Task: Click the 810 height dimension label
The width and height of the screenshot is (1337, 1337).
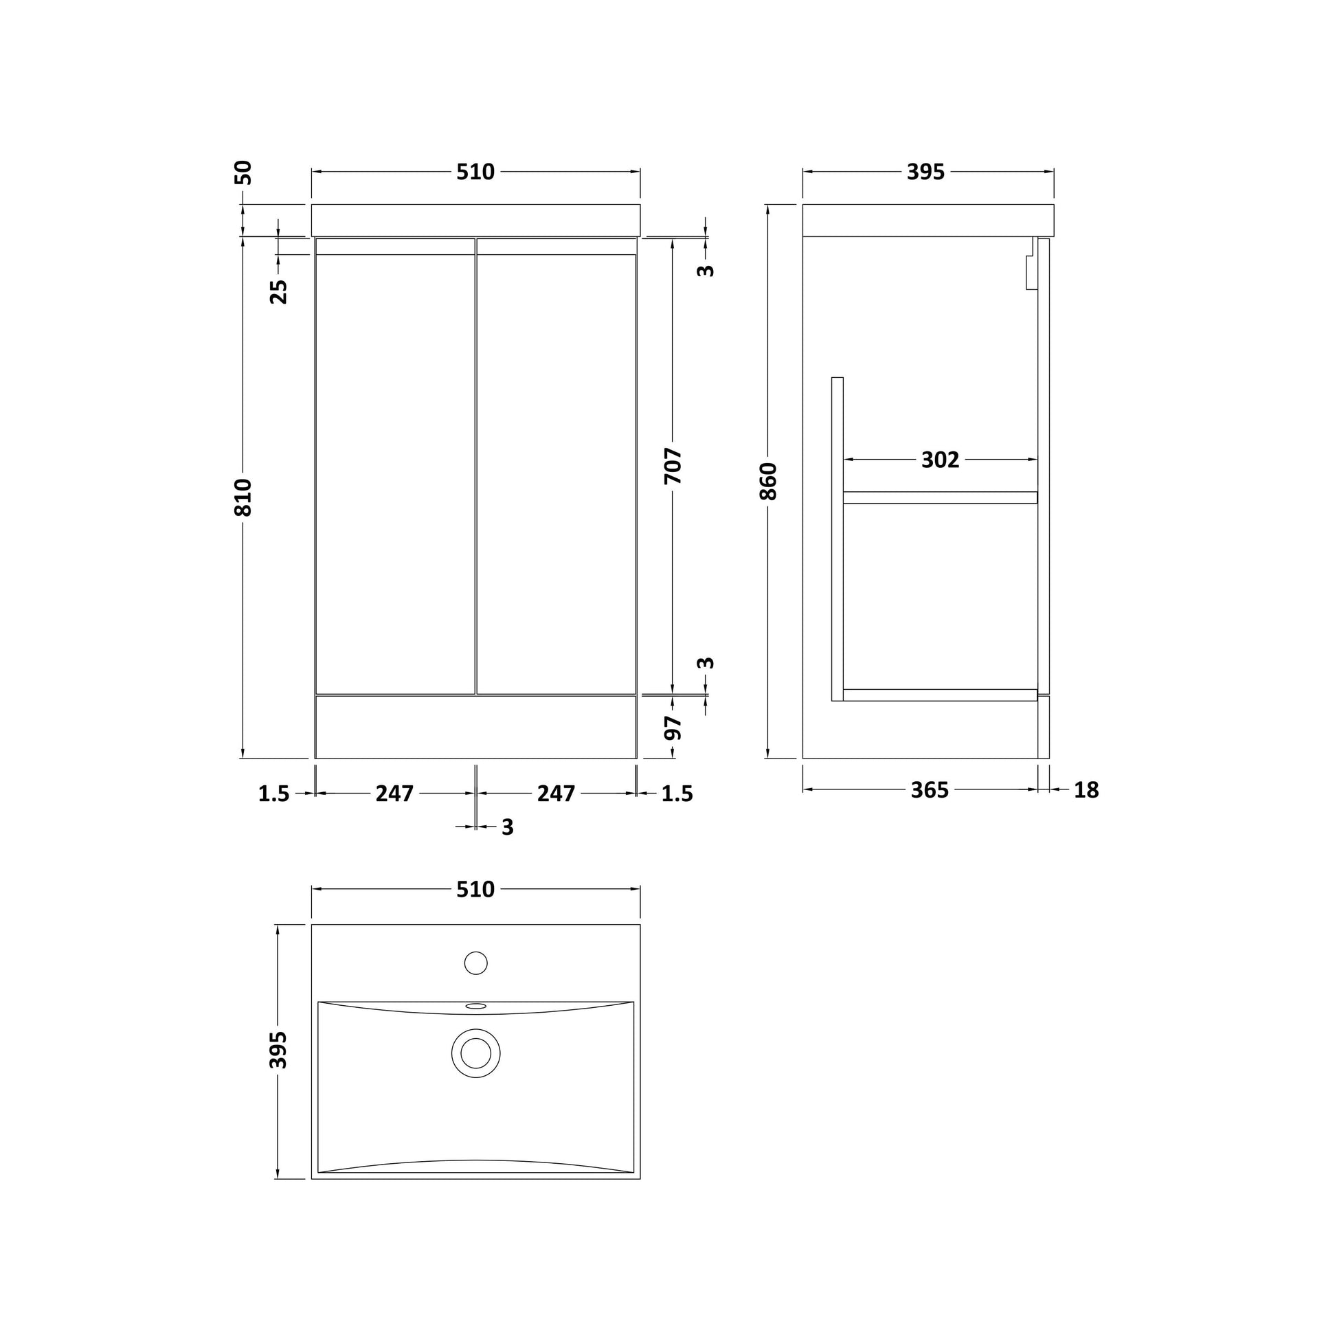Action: pos(243,497)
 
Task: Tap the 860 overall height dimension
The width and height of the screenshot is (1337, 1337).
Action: pos(768,481)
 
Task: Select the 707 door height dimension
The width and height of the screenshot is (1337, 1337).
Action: pos(673,466)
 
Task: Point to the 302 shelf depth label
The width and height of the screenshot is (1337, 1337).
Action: pos(940,460)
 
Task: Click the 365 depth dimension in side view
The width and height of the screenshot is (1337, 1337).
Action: pos(930,790)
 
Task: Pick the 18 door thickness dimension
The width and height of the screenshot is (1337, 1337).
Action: pos(1086,790)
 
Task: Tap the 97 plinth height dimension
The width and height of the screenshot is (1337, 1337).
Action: pos(673,728)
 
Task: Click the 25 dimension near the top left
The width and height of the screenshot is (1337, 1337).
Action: pos(278,291)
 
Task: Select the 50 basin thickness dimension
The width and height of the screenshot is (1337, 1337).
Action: pos(244,172)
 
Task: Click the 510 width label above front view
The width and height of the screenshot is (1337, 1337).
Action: pos(475,172)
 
